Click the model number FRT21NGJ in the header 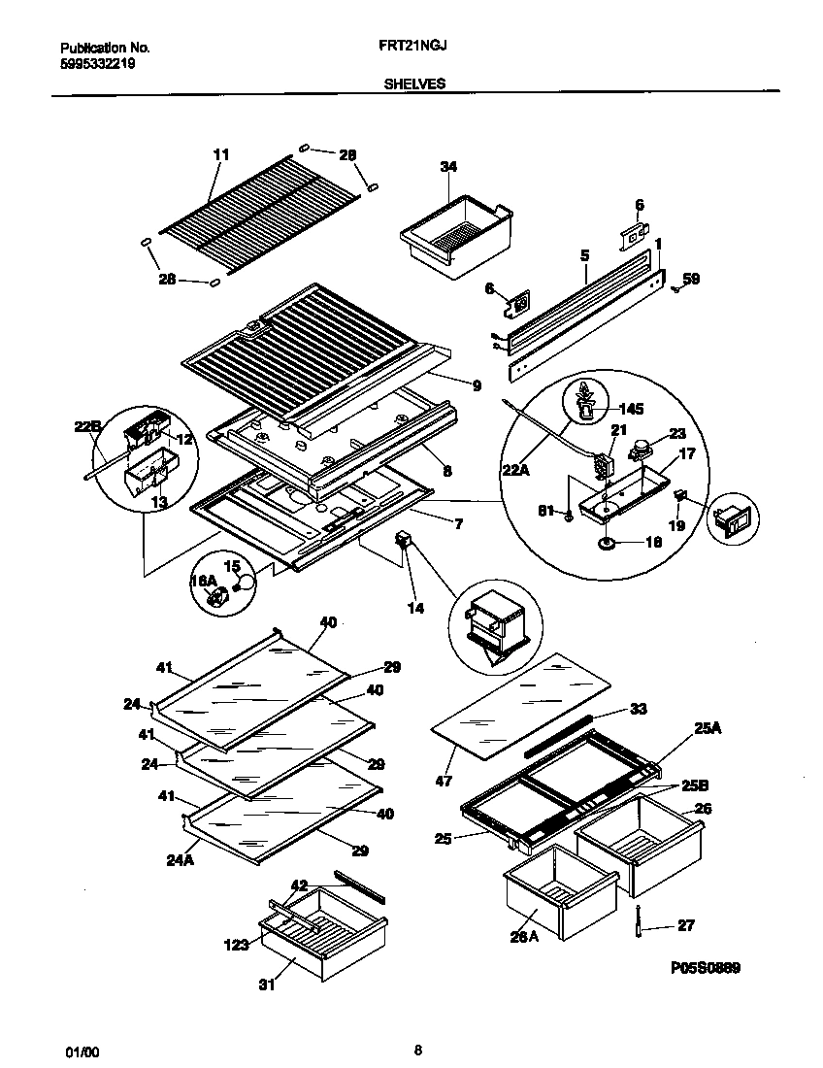pyautogui.click(x=416, y=46)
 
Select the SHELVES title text pyautogui.click(x=415, y=84)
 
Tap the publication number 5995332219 pyautogui.click(x=97, y=64)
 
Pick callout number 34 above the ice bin pyautogui.click(x=447, y=167)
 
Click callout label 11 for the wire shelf pyautogui.click(x=220, y=154)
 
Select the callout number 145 pyautogui.click(x=630, y=410)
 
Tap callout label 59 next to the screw pyautogui.click(x=691, y=279)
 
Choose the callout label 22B pyautogui.click(x=87, y=426)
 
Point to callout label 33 pyautogui.click(x=638, y=709)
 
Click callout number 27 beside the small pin pyautogui.click(x=685, y=925)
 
